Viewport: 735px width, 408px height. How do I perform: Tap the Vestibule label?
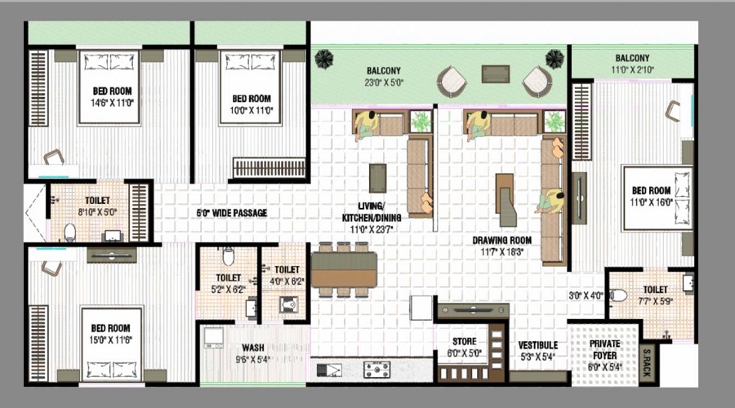[537, 345]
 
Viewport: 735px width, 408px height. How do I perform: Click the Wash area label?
[252, 348]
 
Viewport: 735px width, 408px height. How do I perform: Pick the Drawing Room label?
[502, 241]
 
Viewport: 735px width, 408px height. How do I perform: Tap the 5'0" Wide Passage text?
[232, 213]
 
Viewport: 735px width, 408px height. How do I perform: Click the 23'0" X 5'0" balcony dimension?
[383, 82]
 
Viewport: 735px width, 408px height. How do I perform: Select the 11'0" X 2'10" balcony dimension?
[632, 70]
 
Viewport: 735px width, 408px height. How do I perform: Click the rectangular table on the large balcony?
[495, 73]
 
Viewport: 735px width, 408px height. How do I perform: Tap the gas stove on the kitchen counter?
[376, 370]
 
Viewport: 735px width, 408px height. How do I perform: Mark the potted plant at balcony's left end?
[324, 59]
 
